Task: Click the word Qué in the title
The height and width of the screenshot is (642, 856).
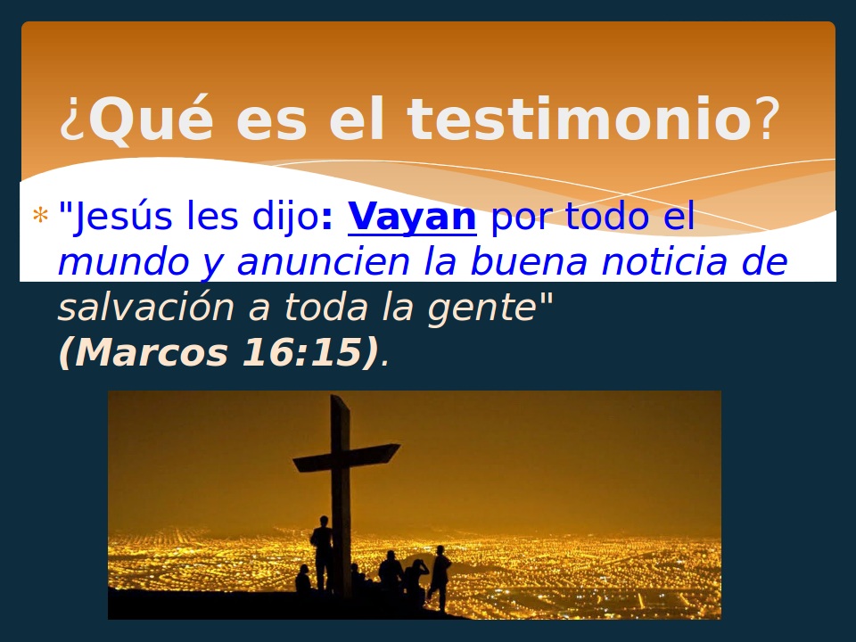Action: point(151,119)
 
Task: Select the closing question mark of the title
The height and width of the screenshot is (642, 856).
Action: point(767,119)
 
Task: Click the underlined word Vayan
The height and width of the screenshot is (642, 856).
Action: point(412,217)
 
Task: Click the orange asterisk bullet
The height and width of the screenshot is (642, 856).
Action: point(40,217)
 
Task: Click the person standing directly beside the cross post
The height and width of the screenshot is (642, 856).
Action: point(321,553)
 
